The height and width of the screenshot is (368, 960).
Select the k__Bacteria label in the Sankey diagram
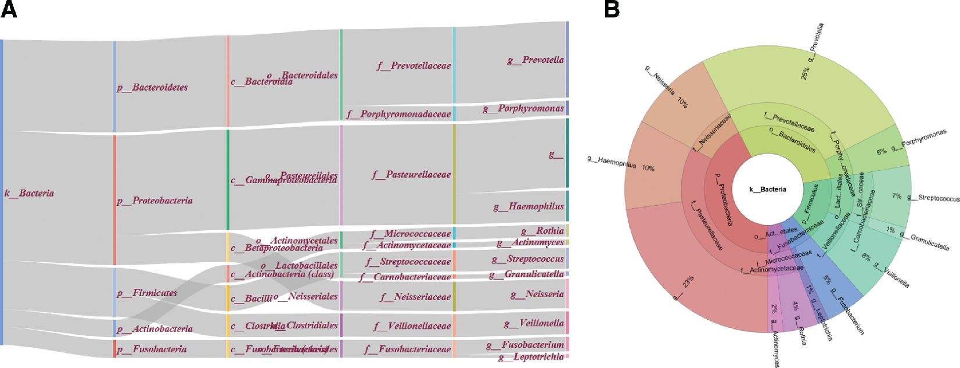click(29, 193)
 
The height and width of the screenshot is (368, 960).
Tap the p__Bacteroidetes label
click(152, 87)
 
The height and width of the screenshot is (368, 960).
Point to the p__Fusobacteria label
click(152, 349)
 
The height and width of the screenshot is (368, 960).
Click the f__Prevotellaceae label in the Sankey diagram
click(414, 66)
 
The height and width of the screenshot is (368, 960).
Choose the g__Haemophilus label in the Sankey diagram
click(528, 206)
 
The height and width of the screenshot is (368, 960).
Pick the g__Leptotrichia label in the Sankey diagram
click(531, 357)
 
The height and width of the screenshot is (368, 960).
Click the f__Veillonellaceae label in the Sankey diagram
click(412, 326)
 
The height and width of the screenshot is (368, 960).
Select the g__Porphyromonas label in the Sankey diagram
click(523, 109)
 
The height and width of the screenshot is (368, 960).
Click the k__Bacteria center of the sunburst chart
click(767, 190)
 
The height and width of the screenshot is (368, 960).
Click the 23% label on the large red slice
click(688, 282)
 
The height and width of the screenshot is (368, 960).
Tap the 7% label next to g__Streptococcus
click(897, 196)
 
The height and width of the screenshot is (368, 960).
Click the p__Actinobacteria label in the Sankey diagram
click(154, 329)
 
